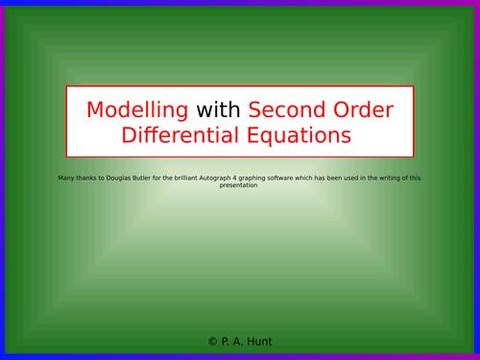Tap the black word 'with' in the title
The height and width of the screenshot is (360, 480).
click(x=219, y=109)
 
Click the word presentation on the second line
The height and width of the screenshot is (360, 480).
click(x=239, y=185)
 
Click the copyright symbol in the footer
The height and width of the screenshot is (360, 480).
click(x=212, y=342)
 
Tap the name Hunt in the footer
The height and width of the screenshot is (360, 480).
click(x=257, y=342)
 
